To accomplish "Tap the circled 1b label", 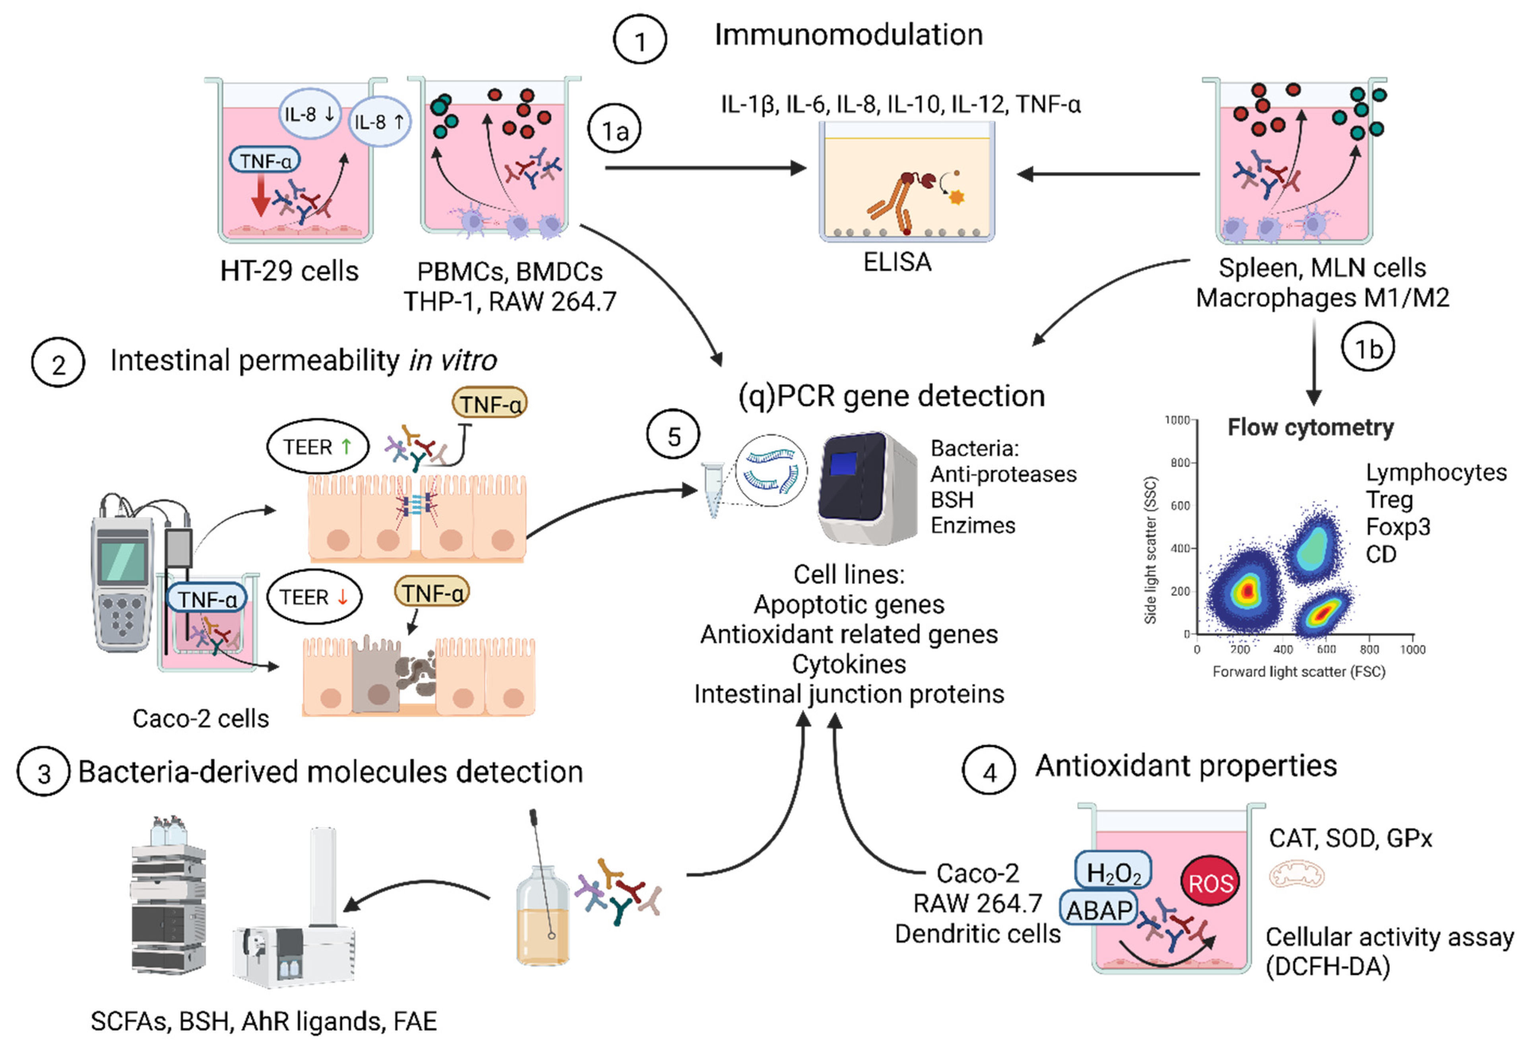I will (x=1367, y=348).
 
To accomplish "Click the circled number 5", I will (x=673, y=436).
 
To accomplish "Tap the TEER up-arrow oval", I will (x=317, y=447).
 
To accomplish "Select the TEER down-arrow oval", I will (x=314, y=597).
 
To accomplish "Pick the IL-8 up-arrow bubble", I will (x=380, y=122).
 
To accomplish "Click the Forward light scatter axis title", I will (x=1298, y=671).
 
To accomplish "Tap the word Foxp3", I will (x=1397, y=526).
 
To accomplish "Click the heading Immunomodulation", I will (x=848, y=35).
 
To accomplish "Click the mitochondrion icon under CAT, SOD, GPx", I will (x=1296, y=874).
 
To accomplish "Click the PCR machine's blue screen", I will (x=843, y=463).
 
